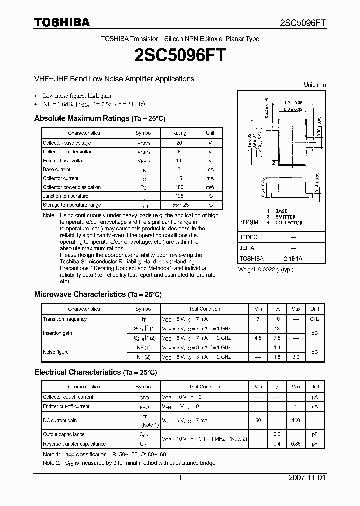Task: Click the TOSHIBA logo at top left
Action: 62,22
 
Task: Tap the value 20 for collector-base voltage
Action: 179,143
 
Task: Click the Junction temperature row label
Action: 65,196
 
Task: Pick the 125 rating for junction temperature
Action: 179,196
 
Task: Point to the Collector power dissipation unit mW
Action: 210,187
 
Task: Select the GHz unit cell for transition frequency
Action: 315,319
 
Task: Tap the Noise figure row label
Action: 56,352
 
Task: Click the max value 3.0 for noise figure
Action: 296,357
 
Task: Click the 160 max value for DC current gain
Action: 296,420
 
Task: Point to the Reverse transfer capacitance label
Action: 74,444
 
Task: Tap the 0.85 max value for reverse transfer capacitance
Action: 296,444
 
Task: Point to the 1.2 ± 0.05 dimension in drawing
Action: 293,101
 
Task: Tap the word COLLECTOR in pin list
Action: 289,223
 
